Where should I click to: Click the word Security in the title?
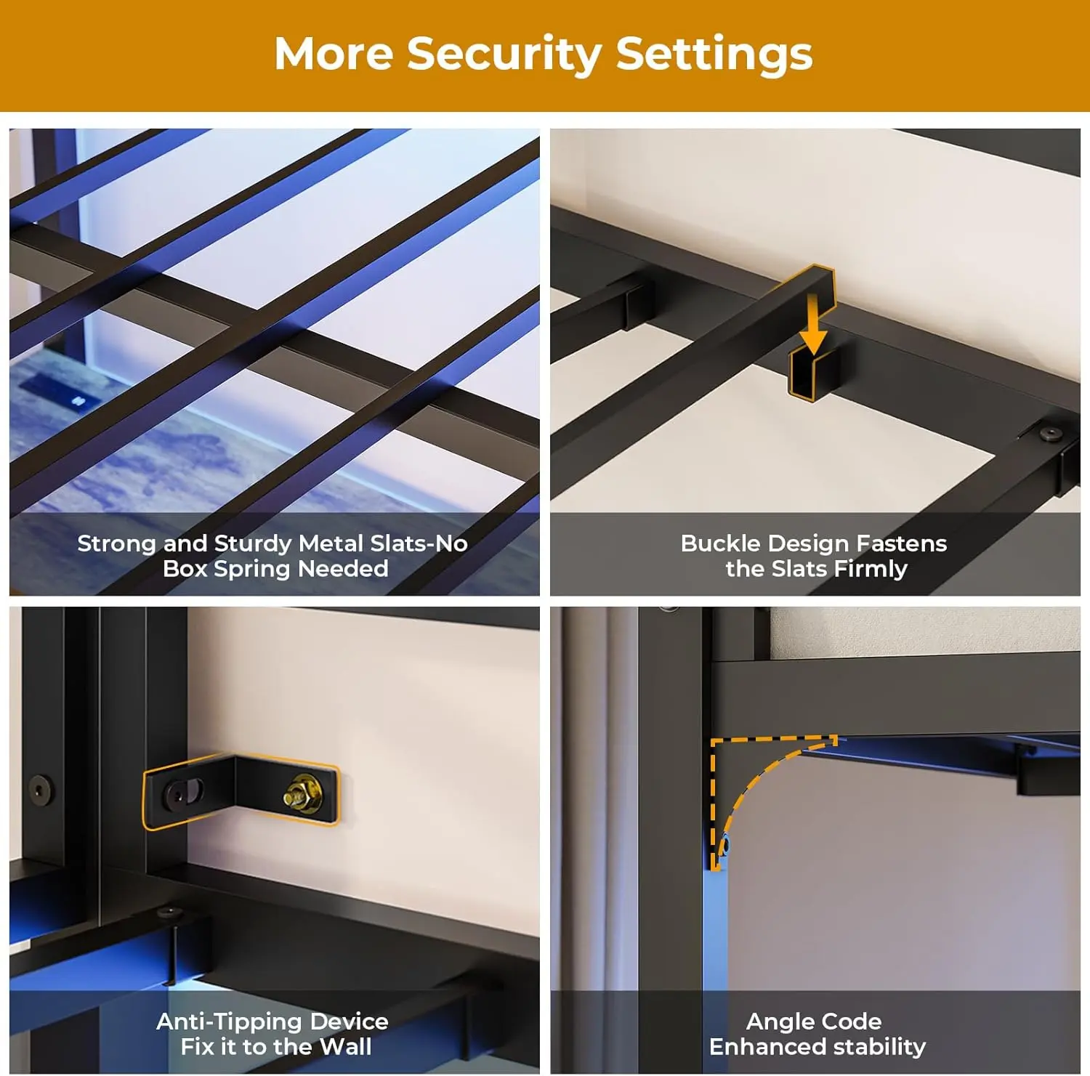click(504, 55)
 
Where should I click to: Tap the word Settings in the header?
click(714, 55)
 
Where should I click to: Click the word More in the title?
click(334, 54)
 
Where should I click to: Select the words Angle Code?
click(814, 1022)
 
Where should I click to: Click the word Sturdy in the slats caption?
click(252, 543)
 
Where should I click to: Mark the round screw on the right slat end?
click(1049, 434)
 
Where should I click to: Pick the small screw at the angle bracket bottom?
click(724, 846)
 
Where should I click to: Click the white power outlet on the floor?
click(78, 401)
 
